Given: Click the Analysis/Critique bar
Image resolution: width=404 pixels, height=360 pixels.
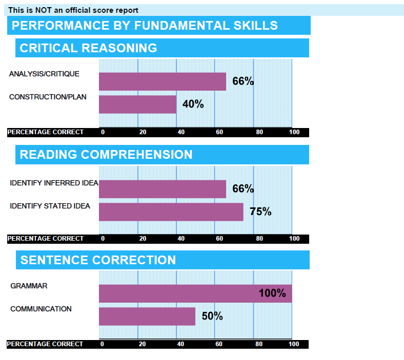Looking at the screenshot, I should [162, 81].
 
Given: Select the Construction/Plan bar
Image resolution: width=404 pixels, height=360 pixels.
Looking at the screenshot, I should [137, 104].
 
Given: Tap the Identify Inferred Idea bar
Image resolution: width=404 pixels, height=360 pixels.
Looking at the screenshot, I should [162, 189].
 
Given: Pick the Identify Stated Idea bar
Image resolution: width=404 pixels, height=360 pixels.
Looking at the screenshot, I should [171, 211].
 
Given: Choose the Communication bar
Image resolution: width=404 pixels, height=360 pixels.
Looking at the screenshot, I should [147, 316].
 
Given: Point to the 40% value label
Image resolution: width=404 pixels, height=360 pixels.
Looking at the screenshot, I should [193, 104].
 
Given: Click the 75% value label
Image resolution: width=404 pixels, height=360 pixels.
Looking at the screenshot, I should [260, 211].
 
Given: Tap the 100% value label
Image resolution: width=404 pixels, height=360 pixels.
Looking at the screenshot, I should [272, 293].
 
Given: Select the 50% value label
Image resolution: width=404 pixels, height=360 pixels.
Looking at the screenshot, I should [212, 316].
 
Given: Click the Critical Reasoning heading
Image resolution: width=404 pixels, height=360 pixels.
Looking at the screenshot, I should [88, 48].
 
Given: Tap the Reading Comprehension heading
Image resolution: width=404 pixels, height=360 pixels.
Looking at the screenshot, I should [106, 155].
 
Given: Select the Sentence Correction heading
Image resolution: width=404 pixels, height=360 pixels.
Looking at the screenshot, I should [98, 260].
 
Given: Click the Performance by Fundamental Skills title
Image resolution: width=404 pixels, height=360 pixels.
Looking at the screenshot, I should [145, 26].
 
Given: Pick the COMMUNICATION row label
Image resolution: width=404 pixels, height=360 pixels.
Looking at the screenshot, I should [41, 309].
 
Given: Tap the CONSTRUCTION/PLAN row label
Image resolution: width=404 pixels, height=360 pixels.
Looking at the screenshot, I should [48, 97].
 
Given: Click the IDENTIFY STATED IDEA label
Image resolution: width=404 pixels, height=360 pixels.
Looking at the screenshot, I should [50, 206].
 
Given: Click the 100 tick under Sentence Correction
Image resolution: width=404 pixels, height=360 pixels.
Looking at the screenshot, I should [294, 344].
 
